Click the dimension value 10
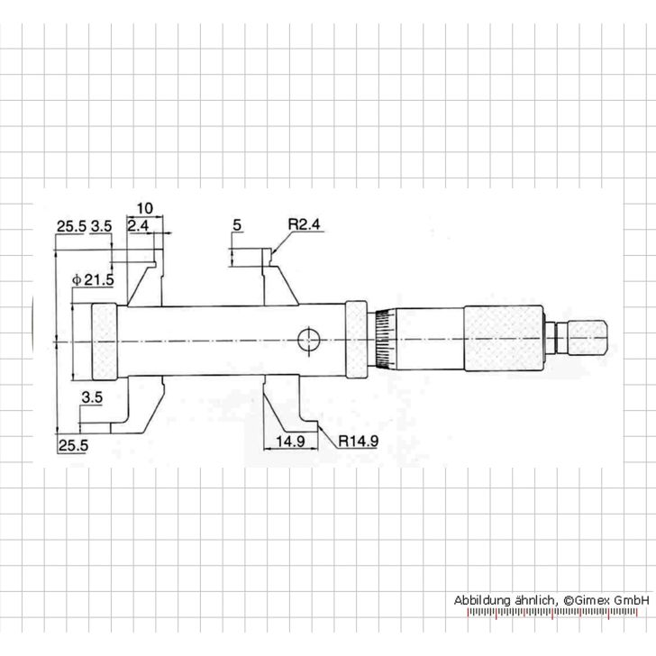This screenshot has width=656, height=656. click(x=146, y=207)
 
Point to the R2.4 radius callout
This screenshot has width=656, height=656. click(x=305, y=225)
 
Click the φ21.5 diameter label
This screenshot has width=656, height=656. click(x=94, y=279)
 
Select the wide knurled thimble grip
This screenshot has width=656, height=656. click(x=503, y=340)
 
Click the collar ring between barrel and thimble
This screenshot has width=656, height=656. click(x=356, y=340)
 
